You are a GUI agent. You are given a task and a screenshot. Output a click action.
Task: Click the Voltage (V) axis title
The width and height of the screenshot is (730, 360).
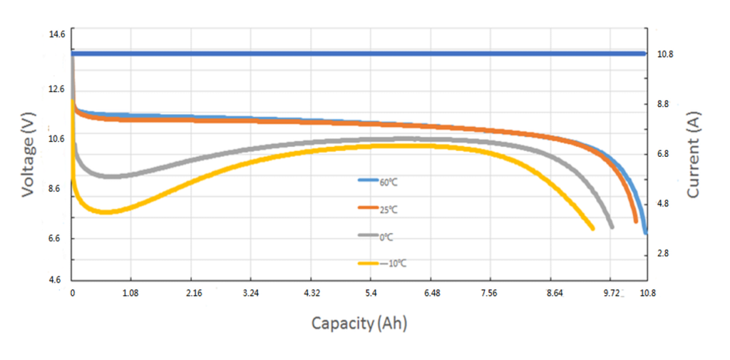click(28, 155)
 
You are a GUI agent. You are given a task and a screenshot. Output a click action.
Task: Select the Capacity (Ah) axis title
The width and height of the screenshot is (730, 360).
click(359, 323)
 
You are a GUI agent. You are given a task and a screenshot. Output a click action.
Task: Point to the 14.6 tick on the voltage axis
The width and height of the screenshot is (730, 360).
click(56, 34)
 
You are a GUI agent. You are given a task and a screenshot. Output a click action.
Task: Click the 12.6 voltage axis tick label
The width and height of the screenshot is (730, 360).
click(56, 89)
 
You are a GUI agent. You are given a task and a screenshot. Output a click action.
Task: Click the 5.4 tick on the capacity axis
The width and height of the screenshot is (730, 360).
click(372, 293)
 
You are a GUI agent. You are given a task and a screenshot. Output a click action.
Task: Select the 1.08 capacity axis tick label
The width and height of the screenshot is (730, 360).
click(130, 293)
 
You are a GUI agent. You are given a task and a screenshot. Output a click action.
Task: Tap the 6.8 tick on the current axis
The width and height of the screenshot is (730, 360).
click(664, 154)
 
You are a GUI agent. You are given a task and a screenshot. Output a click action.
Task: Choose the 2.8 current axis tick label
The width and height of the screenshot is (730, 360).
click(664, 254)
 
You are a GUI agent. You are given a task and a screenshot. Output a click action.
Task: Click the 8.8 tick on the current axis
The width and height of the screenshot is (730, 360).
click(664, 104)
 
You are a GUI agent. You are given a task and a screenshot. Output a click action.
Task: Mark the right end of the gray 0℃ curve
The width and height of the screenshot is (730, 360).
click(612, 227)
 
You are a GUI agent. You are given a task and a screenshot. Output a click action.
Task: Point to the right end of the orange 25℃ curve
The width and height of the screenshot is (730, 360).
click(635, 221)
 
